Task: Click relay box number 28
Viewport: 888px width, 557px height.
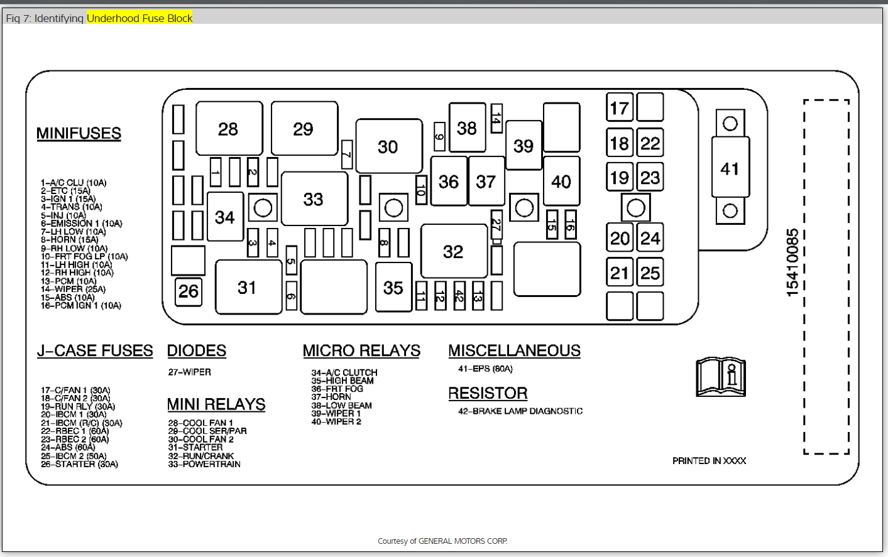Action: pos(229,129)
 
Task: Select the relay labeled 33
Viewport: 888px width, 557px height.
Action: pos(314,199)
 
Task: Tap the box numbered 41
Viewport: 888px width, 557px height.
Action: pos(730,168)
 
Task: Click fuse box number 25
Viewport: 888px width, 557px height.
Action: pos(650,273)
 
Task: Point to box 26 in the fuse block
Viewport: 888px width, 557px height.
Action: pos(189,291)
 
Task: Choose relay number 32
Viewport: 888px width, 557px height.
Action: pos(453,251)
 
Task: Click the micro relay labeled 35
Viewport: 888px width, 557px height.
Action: pos(393,288)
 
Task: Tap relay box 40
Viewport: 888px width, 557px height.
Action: pos(561,181)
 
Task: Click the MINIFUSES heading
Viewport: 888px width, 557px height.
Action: pos(79,133)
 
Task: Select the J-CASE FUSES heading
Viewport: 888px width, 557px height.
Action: pos(95,350)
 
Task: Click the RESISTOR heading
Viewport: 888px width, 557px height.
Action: pos(488,393)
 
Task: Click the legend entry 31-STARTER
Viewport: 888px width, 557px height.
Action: pos(195,447)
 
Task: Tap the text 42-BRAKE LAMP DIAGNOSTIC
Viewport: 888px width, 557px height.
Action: pos(520,411)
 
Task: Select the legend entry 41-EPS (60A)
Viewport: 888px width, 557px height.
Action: pos(485,369)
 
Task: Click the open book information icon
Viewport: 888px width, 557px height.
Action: pos(721,377)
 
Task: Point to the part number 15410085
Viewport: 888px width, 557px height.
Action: pos(792,262)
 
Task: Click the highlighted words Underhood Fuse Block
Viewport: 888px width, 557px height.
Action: pos(140,18)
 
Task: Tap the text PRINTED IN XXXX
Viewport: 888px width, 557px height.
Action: pos(709,460)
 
